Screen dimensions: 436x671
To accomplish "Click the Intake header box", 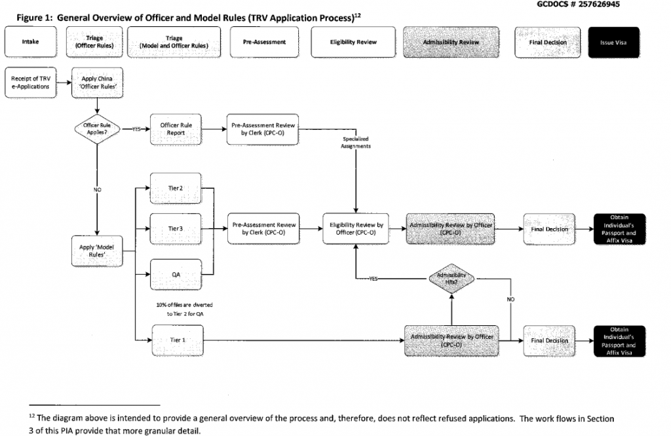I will pyautogui.click(x=29, y=42).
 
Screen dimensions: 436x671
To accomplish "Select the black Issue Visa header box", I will pyautogui.click(x=615, y=42).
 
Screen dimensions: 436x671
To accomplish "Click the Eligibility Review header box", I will pyautogui.click(x=353, y=42).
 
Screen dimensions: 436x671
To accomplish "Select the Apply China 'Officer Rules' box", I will pyautogui.click(x=98, y=83).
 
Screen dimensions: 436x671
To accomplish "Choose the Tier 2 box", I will pyautogui.click(x=175, y=188).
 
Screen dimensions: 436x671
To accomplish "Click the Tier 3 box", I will pyautogui.click(x=175, y=228).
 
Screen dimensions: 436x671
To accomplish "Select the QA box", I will pyautogui.click(x=175, y=274).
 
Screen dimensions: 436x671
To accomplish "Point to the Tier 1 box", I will pyautogui.click(x=175, y=340).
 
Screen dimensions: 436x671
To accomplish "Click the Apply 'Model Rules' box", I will pyautogui.click(x=97, y=252).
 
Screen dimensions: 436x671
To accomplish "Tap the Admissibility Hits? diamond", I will pyautogui.click(x=451, y=278).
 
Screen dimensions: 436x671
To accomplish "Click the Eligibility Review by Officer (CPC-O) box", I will pyautogui.click(x=355, y=228).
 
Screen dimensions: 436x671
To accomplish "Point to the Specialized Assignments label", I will pyautogui.click(x=355, y=144).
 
